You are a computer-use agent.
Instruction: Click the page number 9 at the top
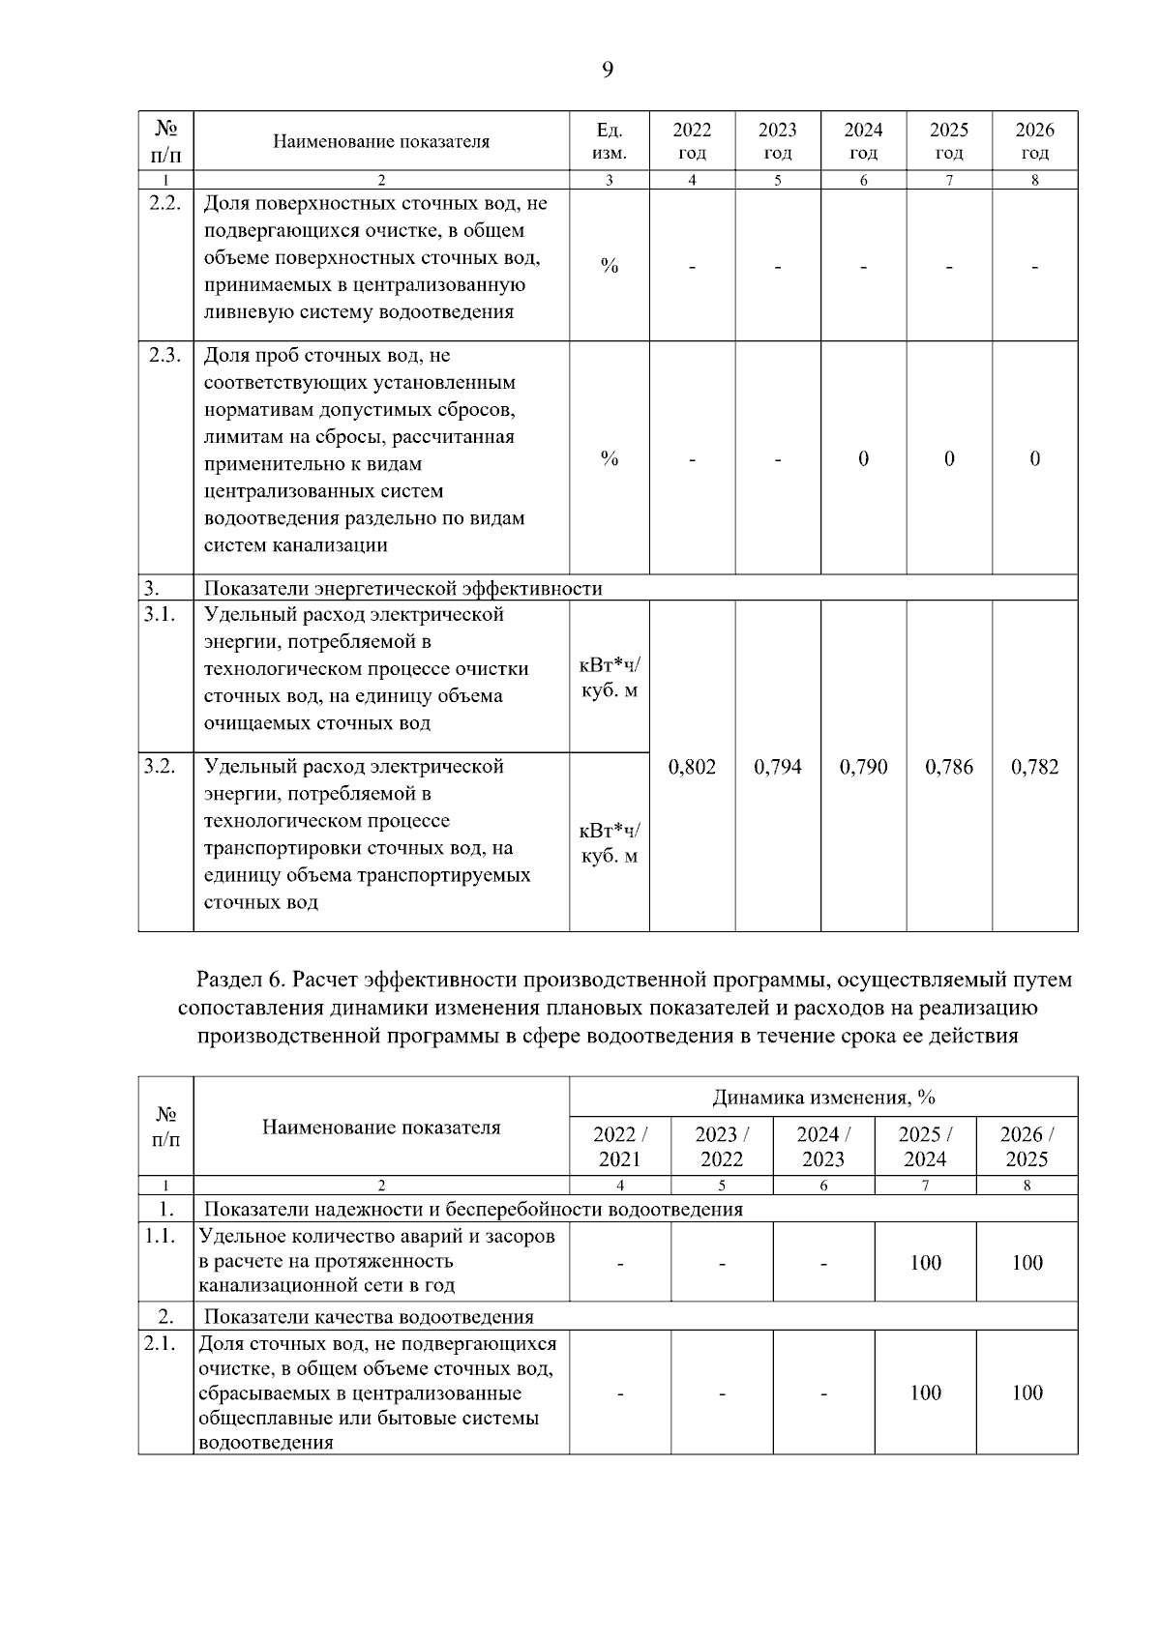click(607, 70)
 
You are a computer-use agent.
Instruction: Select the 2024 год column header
click(863, 141)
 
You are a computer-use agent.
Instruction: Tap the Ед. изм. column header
click(609, 141)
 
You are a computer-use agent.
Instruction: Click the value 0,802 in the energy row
click(692, 767)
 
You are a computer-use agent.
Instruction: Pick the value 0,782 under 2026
click(1034, 767)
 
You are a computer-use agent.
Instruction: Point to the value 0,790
click(863, 767)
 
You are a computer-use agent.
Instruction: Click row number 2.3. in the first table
click(164, 355)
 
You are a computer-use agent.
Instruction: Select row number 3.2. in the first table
click(160, 766)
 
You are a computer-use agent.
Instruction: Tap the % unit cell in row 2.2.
click(609, 266)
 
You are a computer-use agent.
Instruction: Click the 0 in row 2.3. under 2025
click(948, 458)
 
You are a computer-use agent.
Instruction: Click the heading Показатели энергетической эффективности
click(402, 588)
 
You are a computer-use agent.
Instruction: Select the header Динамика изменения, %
click(823, 1098)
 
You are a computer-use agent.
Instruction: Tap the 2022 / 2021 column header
click(619, 1146)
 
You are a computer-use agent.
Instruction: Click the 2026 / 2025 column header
click(1027, 1146)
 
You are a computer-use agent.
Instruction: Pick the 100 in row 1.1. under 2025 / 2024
click(925, 1262)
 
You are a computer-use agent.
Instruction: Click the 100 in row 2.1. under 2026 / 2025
click(1027, 1392)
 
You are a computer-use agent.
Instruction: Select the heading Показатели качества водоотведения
click(369, 1316)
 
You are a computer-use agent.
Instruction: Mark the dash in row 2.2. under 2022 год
click(692, 266)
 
